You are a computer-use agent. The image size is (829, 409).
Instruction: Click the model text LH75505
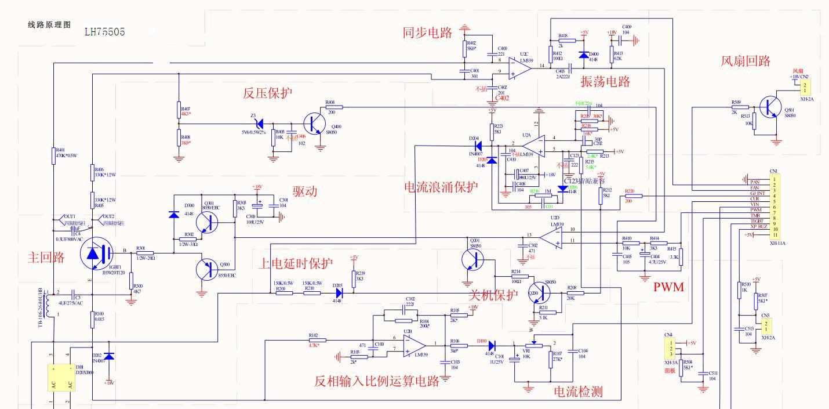(104, 32)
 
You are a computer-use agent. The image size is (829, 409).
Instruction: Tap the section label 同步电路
(427, 32)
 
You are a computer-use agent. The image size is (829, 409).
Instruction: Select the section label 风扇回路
(746, 61)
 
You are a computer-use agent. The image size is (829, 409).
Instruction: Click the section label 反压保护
(267, 93)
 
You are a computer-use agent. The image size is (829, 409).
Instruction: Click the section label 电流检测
(578, 392)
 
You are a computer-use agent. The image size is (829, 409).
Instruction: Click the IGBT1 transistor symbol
(96, 255)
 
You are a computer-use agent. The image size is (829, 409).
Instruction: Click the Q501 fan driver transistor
(773, 108)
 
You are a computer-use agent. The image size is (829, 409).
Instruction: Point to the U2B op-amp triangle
(414, 346)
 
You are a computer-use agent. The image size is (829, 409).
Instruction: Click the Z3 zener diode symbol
(260, 124)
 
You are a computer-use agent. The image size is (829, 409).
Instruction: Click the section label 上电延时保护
(296, 264)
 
